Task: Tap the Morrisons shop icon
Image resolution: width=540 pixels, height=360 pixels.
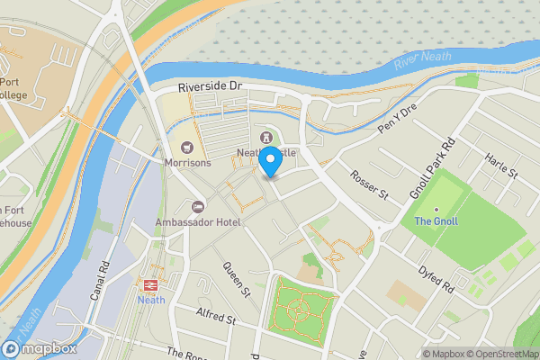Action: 187,147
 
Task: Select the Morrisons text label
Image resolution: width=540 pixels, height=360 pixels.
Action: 187,163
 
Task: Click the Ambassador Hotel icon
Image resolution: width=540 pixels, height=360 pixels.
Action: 199,207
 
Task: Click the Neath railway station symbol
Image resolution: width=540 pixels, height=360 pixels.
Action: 150,284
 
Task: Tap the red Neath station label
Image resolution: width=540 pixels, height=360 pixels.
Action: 150,301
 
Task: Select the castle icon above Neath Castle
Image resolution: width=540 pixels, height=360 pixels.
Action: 266,137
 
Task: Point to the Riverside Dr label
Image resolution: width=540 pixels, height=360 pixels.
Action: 211,86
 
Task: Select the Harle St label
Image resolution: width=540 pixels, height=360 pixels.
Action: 501,166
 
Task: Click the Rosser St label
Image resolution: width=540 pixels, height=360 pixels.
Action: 368,184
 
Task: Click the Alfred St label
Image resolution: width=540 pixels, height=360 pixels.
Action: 216,318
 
